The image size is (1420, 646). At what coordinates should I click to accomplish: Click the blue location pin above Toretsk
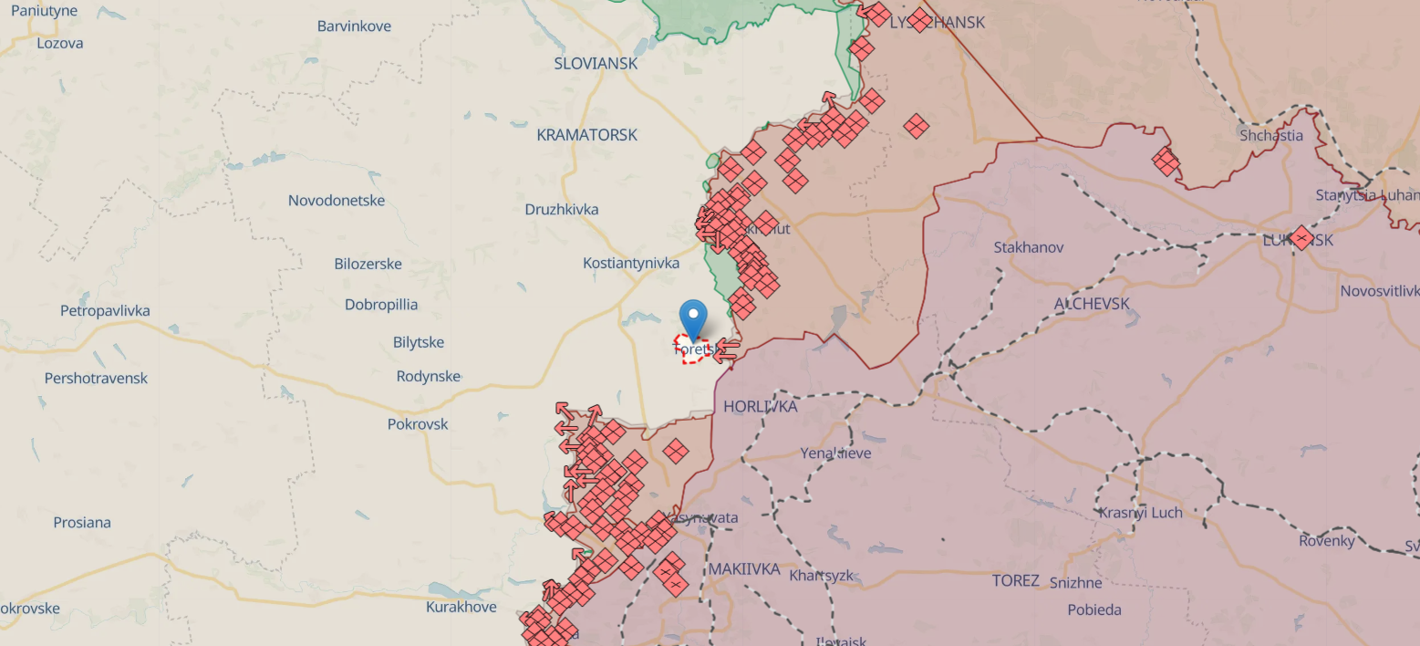pos(694,318)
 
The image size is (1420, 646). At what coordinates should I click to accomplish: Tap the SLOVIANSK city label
pos(596,64)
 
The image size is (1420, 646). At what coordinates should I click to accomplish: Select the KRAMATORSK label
pos(586,135)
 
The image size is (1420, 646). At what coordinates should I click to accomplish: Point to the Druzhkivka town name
pos(562,209)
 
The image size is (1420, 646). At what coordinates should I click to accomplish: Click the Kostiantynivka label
pos(631,263)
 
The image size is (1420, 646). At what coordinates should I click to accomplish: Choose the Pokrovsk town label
pos(418,424)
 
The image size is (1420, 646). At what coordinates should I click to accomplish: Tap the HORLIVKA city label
pos(760,406)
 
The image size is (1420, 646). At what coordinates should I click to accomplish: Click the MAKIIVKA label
pos(744,569)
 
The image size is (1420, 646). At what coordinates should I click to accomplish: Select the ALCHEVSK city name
pos(1092,304)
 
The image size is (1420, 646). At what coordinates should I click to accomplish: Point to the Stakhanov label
pos(1028,247)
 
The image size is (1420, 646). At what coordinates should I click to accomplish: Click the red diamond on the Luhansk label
pos(1301,238)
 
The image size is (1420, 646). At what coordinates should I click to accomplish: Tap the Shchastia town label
pos(1270,135)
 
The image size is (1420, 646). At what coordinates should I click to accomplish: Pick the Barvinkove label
pos(354,26)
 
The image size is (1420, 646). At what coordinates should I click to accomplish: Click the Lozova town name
pos(60,43)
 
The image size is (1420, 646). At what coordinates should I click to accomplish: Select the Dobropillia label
pos(381,305)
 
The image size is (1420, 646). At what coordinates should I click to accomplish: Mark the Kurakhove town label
pos(461,607)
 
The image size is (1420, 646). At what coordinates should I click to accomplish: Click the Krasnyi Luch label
pos(1140,513)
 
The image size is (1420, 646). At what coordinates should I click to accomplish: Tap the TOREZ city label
pos(1015,580)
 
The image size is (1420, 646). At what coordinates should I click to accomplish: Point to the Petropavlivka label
pos(105,311)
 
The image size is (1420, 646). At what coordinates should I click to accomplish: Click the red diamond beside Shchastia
pos(1165,161)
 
